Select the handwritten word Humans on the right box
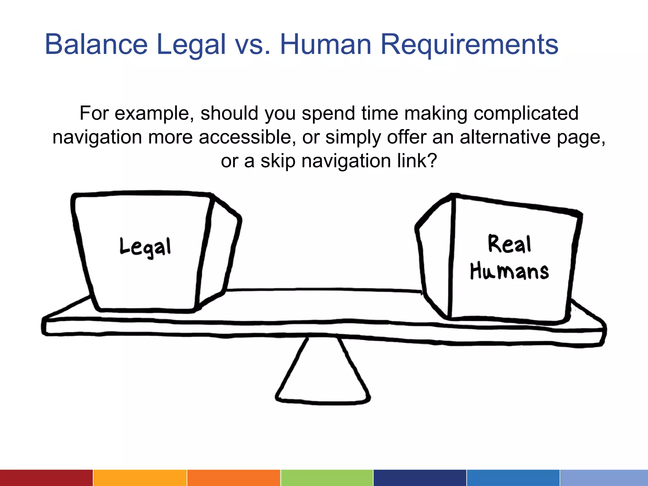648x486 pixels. pos(509,271)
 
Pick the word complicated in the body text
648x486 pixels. pos(526,113)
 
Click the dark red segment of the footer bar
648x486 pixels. pos(46,478)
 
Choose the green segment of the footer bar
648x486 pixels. pos(327,478)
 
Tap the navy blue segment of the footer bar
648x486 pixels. pos(420,478)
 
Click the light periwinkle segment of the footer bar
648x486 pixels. pos(604,478)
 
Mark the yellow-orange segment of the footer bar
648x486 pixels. pos(140,478)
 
